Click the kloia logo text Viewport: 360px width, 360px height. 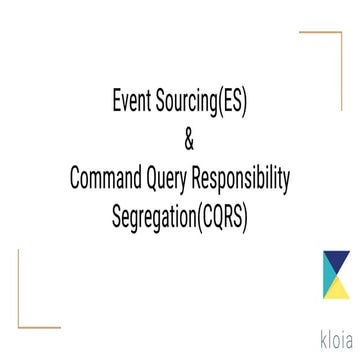(325, 333)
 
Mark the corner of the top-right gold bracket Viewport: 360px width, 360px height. (340, 32)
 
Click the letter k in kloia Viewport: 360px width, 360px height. (307, 333)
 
